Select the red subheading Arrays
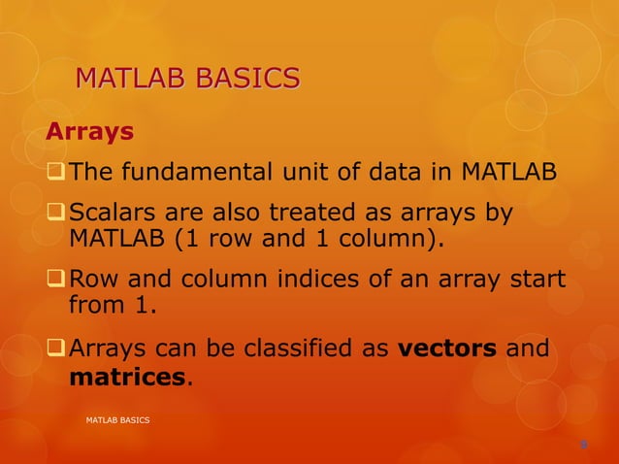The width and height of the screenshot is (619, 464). (x=90, y=130)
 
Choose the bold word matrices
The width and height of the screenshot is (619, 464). (x=126, y=377)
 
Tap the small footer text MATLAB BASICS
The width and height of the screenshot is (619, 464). (x=117, y=419)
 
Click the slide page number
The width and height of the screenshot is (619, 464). (x=583, y=445)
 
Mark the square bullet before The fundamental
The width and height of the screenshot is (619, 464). (x=56, y=175)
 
